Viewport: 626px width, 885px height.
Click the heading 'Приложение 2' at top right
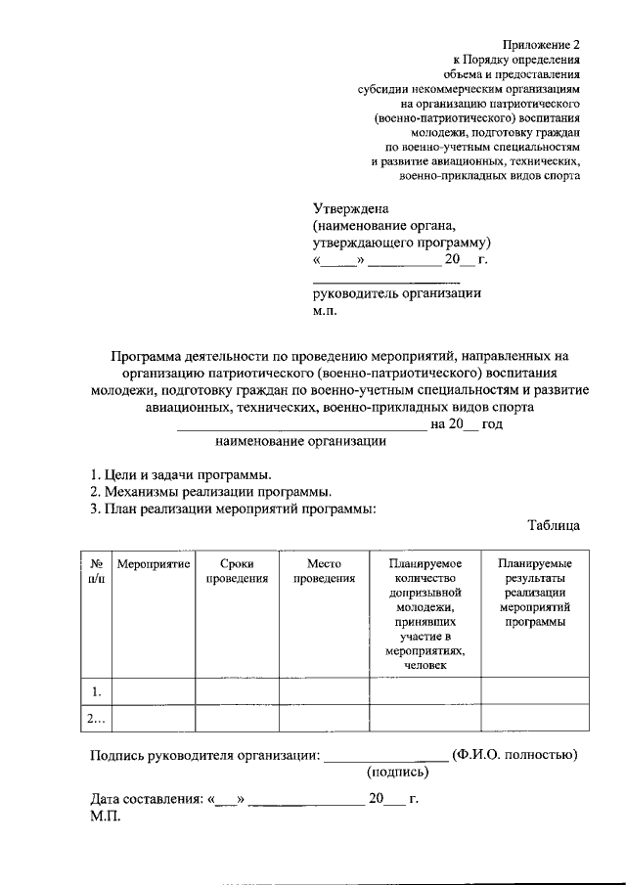542,44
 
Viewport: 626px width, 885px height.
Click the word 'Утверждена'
351,208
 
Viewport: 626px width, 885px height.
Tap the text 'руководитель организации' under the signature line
397,293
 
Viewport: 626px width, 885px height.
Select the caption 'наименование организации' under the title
300,440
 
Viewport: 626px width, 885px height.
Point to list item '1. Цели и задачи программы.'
181,474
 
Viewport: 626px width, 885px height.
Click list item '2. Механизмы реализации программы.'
209,491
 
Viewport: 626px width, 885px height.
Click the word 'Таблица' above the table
554,525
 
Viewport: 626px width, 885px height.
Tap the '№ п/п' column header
97,571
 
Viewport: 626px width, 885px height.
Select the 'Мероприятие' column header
153,564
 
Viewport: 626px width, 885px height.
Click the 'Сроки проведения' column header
237,571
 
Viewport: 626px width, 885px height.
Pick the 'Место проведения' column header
324,571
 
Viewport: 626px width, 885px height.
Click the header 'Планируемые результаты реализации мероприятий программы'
534,593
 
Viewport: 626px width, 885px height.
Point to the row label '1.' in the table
97,691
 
